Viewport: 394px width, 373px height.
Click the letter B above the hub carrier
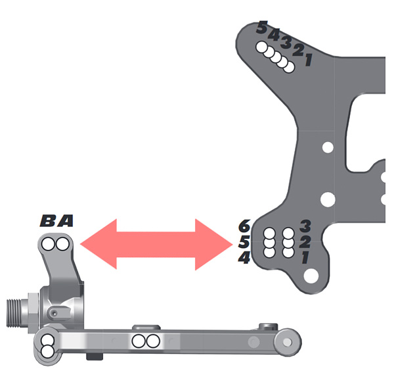point(49,222)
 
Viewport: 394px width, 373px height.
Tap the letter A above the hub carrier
point(65,222)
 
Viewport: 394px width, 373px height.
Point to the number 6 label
point(244,226)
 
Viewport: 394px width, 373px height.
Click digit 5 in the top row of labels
point(262,28)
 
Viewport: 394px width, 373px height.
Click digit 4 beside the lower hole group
point(244,259)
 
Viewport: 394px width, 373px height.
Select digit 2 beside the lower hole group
point(304,242)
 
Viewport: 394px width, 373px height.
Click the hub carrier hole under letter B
point(49,245)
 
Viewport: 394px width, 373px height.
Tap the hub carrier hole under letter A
point(62,245)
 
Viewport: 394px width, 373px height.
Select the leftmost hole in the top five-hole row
point(262,47)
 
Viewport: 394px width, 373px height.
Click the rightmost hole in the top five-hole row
point(288,67)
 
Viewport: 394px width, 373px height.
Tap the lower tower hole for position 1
point(288,251)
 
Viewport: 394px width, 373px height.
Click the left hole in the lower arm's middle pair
point(140,341)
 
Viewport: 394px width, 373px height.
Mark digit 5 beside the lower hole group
point(244,242)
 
